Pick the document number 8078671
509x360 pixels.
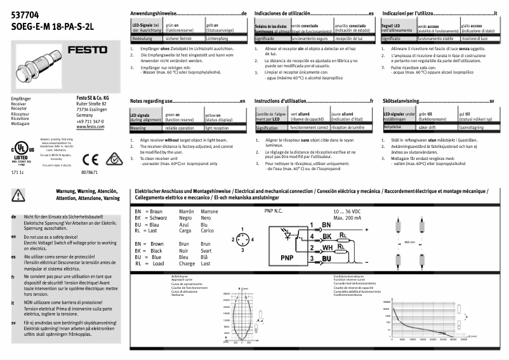click(x=91, y=173)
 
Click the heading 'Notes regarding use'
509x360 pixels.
click(x=152, y=101)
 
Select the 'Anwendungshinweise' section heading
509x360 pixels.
click(x=155, y=13)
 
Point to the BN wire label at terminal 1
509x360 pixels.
click(x=327, y=225)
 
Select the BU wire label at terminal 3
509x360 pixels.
click(x=327, y=259)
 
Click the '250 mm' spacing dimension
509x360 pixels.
click(x=410, y=242)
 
